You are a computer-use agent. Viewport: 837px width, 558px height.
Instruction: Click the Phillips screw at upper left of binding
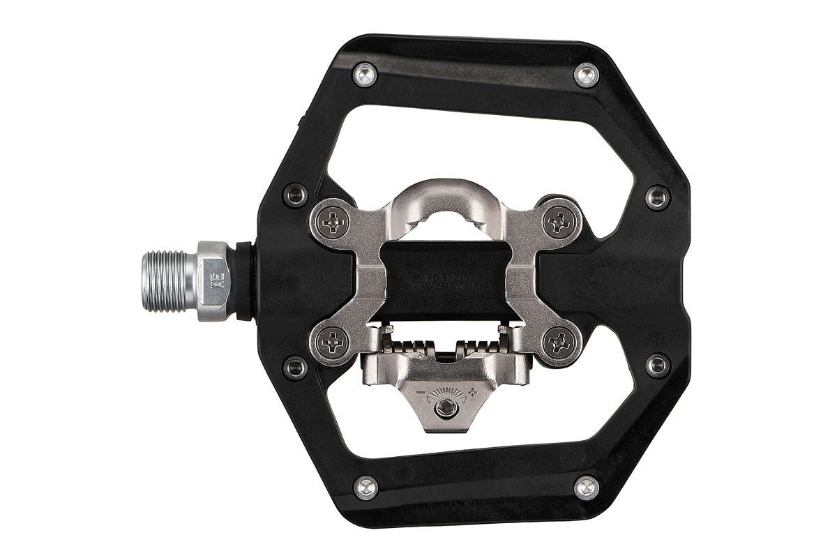pyautogui.click(x=333, y=222)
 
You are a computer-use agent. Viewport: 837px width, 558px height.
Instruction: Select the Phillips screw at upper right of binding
pyautogui.click(x=559, y=222)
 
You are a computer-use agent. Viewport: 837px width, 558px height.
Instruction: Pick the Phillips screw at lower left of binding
pyautogui.click(x=333, y=343)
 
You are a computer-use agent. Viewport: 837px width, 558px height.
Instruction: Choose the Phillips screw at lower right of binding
pyautogui.click(x=559, y=343)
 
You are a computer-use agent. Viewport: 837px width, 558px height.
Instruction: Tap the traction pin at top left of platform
pyautogui.click(x=365, y=75)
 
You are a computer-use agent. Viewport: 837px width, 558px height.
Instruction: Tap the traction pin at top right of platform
pyautogui.click(x=587, y=75)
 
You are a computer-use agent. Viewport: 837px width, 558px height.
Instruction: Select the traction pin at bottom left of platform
pyautogui.click(x=365, y=488)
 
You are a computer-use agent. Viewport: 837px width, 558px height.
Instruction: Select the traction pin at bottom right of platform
pyautogui.click(x=587, y=488)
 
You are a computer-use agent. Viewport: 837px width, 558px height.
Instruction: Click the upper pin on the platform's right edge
pyautogui.click(x=657, y=197)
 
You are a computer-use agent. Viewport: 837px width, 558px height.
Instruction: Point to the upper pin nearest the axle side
pyautogui.click(x=296, y=196)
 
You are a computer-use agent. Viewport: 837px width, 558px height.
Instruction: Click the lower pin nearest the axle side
pyautogui.click(x=296, y=366)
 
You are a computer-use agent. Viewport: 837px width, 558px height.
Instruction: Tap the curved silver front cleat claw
pyautogui.click(x=446, y=202)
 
